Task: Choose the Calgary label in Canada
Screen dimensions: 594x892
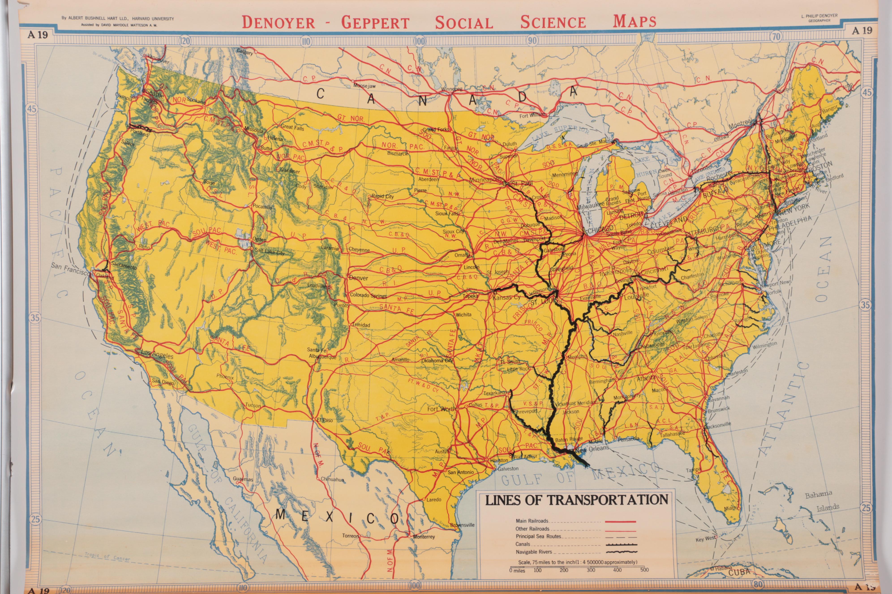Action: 245,51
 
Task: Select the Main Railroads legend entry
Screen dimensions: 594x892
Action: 532,521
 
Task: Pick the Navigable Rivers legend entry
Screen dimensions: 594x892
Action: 534,552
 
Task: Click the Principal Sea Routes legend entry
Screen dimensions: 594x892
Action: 538,537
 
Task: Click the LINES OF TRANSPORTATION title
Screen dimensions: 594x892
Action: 577,500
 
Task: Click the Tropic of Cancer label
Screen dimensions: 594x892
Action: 107,557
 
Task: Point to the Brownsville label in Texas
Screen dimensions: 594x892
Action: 462,525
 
